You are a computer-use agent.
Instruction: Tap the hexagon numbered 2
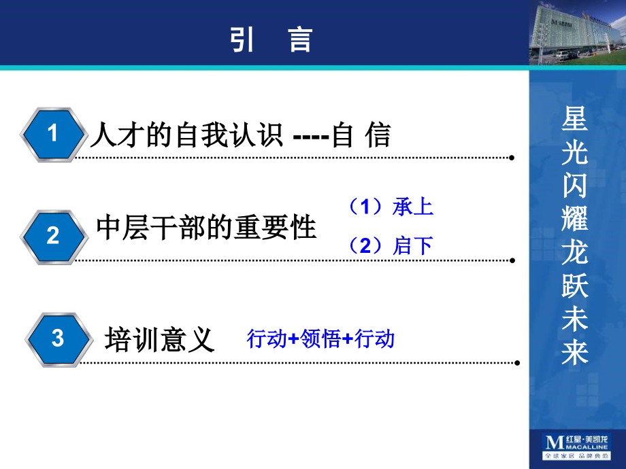pyautogui.click(x=54, y=237)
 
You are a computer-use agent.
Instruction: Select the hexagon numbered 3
pyautogui.click(x=57, y=338)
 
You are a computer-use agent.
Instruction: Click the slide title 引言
pyautogui.click(x=271, y=39)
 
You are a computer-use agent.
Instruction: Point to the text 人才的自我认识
pyautogui.click(x=186, y=135)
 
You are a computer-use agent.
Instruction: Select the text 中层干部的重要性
pyautogui.click(x=207, y=228)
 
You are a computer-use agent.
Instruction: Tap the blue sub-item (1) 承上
pyautogui.click(x=391, y=207)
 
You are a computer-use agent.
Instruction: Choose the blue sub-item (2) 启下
pyautogui.click(x=391, y=245)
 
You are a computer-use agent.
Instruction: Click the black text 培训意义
pyautogui.click(x=160, y=338)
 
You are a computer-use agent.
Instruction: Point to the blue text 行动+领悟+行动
pyautogui.click(x=320, y=338)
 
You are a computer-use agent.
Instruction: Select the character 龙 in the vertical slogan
pyautogui.click(x=574, y=254)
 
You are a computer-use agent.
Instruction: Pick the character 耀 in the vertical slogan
pyautogui.click(x=574, y=220)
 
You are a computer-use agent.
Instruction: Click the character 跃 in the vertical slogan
pyautogui.click(x=574, y=287)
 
